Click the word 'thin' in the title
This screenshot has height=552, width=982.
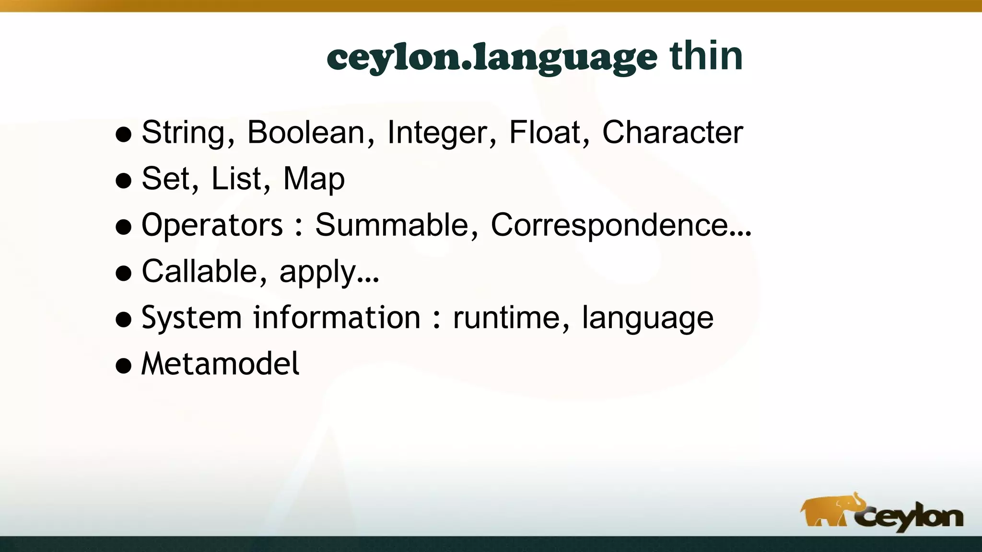[x=706, y=57]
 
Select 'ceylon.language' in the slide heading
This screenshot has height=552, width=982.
[x=492, y=58]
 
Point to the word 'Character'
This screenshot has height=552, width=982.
[x=672, y=132]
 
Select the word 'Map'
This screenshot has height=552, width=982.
[x=314, y=179]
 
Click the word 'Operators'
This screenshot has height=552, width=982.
[x=212, y=225]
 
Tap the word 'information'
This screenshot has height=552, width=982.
[x=337, y=318]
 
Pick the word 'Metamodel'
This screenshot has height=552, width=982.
[x=220, y=364]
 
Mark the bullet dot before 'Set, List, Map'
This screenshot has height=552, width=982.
[x=124, y=181]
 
